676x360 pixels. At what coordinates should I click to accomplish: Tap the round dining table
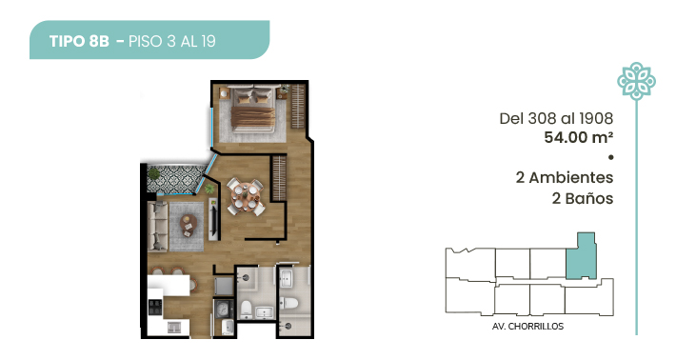246,197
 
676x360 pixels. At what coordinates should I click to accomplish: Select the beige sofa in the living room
157,226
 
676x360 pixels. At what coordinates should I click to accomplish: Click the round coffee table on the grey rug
189,225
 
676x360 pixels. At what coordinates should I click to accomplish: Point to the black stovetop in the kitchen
155,307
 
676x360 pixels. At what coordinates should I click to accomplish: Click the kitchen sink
174,329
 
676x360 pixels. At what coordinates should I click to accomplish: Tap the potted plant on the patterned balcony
153,173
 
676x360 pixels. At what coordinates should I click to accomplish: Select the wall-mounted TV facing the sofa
213,219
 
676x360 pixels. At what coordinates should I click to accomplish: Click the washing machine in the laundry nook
224,310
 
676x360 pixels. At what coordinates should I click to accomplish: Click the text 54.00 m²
578,137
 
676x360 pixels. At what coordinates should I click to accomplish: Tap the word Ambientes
571,177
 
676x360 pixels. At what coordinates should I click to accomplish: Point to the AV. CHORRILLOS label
527,327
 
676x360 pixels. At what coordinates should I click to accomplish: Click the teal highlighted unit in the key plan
582,260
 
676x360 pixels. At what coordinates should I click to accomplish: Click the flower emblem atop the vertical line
636,81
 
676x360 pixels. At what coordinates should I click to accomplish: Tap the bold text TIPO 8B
79,41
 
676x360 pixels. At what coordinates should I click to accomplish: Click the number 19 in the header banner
208,41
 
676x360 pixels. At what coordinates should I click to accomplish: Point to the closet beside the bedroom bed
298,106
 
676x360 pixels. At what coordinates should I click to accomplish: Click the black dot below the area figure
610,157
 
